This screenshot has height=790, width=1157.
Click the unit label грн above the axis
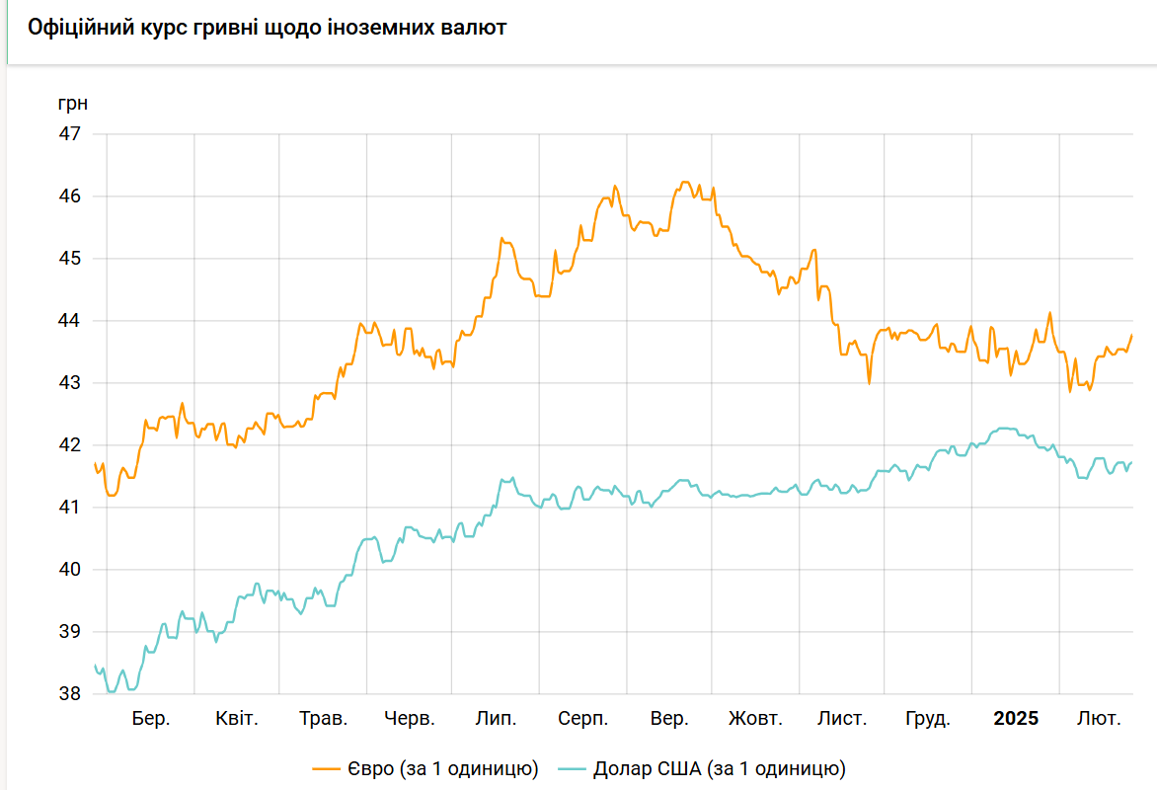(73, 103)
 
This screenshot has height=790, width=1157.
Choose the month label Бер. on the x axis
(151, 719)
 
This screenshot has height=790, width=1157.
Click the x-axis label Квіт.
(237, 719)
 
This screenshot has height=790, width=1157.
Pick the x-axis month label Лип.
(496, 719)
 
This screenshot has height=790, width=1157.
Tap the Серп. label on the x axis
(582, 719)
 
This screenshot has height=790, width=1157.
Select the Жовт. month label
(755, 719)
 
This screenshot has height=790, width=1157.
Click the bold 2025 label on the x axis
(1016, 719)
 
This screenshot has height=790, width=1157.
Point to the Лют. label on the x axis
(1099, 719)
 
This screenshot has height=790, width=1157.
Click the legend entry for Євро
(425, 768)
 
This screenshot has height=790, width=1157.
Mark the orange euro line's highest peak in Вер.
(685, 183)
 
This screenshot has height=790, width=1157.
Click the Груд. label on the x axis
(928, 719)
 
